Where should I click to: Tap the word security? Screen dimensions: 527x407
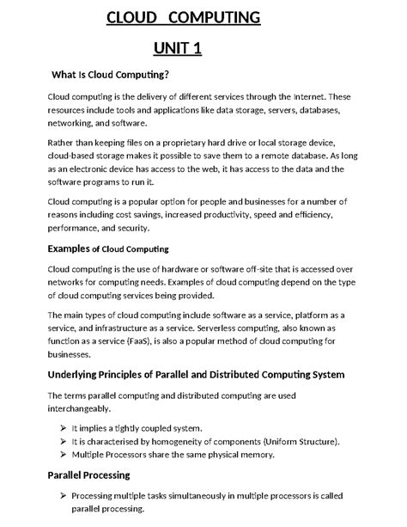tap(130, 229)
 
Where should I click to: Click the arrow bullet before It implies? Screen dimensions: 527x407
tap(64, 428)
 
